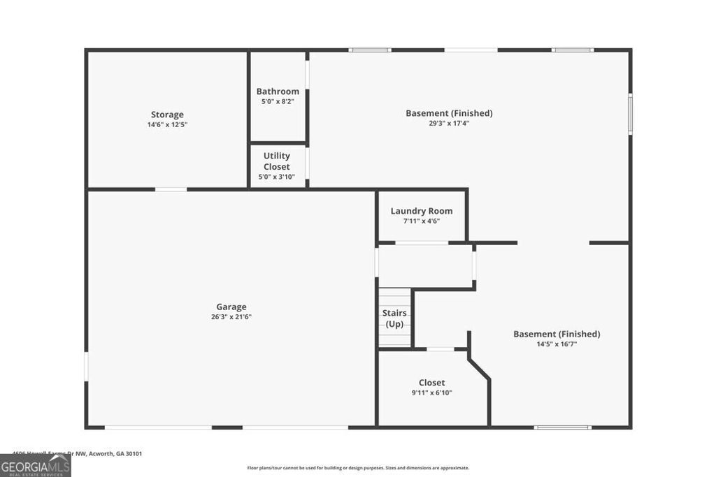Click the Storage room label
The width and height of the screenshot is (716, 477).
click(x=167, y=115)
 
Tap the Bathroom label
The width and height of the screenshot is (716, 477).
click(x=278, y=91)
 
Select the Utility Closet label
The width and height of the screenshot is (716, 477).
click(x=277, y=161)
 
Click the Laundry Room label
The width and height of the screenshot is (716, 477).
click(x=421, y=211)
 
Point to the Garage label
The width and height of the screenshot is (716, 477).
click(x=231, y=307)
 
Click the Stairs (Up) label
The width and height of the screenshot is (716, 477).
click(x=394, y=318)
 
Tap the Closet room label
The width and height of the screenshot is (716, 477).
click(x=431, y=383)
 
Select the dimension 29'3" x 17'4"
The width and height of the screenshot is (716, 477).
click(x=449, y=123)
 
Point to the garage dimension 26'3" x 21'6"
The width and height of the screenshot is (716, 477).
click(x=231, y=316)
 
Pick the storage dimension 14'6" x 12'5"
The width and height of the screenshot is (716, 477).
click(x=167, y=124)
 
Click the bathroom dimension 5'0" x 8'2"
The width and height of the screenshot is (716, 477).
click(x=278, y=101)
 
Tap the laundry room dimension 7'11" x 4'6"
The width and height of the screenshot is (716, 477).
click(x=421, y=221)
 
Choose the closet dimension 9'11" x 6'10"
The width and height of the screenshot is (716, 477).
click(x=431, y=392)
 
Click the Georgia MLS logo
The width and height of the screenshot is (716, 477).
click(x=35, y=466)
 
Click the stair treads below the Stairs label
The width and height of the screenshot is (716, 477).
click(x=395, y=339)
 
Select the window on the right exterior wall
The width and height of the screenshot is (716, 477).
click(x=630, y=114)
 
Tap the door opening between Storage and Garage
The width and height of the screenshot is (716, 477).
click(x=171, y=189)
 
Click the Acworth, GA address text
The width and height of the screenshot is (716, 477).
click(x=77, y=453)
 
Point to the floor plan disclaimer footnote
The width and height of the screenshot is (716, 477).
click(x=358, y=468)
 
